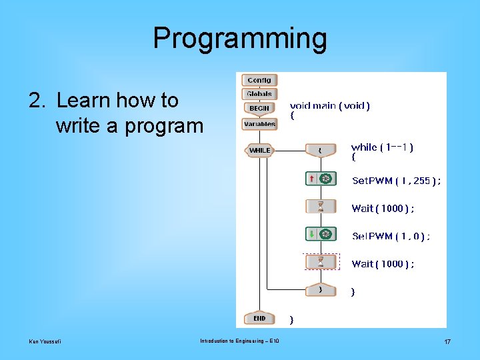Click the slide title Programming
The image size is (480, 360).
point(240,39)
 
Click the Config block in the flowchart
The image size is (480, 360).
point(259,80)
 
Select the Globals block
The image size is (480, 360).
point(259,94)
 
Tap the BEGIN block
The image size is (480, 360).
point(259,108)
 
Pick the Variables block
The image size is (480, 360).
point(259,124)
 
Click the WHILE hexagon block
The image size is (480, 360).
point(259,151)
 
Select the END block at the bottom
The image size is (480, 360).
point(259,319)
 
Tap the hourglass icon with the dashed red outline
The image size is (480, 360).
point(321,261)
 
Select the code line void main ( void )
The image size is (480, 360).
point(329,105)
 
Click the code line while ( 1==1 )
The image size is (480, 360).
point(382,147)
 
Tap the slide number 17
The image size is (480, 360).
point(447,342)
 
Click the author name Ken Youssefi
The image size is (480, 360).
point(45,342)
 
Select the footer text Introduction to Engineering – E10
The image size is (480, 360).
point(239,341)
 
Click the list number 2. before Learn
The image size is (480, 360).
point(36,101)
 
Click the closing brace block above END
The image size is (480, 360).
point(321,290)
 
